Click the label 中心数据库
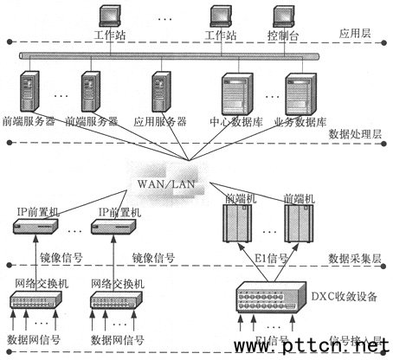235,121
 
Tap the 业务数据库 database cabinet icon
300,93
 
